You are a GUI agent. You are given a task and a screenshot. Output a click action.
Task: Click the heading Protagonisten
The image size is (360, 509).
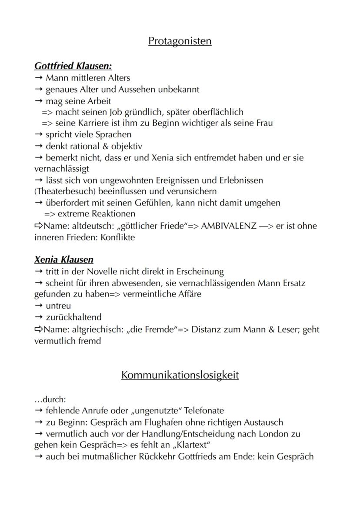(180, 41)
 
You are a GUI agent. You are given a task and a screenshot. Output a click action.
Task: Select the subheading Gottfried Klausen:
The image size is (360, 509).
(73, 67)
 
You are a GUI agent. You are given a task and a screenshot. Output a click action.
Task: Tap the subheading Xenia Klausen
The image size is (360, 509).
(64, 260)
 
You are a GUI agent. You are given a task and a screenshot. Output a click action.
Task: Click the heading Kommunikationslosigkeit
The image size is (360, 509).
(180, 375)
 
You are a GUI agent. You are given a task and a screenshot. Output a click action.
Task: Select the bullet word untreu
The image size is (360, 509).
(58, 306)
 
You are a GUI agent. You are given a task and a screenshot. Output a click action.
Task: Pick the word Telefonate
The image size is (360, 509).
(203, 410)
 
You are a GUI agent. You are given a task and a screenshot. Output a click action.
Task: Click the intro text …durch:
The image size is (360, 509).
(50, 399)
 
